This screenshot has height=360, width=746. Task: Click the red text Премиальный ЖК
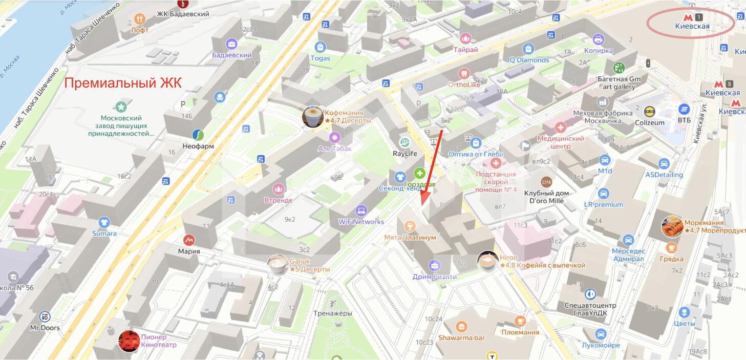pyautogui.click(x=123, y=82)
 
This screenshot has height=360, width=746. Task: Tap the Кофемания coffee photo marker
pyautogui.click(x=312, y=117)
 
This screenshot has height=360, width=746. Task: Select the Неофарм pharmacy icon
pyautogui.click(x=198, y=135)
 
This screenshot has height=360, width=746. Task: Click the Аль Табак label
pyautogui.click(x=335, y=148)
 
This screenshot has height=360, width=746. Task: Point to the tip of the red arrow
pyautogui.click(x=422, y=205)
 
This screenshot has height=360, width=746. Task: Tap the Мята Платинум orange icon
pyautogui.click(x=409, y=226)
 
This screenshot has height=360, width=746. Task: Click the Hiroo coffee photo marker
pyautogui.click(x=487, y=261)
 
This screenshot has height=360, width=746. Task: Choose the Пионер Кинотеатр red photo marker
pyautogui.click(x=129, y=341)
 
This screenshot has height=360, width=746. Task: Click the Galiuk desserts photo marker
pyautogui.click(x=278, y=264)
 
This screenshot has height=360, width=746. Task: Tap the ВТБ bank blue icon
pyautogui.click(x=684, y=109)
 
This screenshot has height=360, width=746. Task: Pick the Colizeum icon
pyautogui.click(x=649, y=111)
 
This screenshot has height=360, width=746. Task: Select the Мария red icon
pyautogui.click(x=189, y=240)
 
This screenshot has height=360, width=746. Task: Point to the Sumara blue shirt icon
pyautogui.click(x=104, y=222)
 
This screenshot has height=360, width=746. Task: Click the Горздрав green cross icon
pyautogui.click(x=419, y=173)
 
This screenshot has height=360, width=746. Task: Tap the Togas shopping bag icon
pyautogui.click(x=320, y=47)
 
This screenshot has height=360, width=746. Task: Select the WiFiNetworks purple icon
pyautogui.click(x=361, y=210)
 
